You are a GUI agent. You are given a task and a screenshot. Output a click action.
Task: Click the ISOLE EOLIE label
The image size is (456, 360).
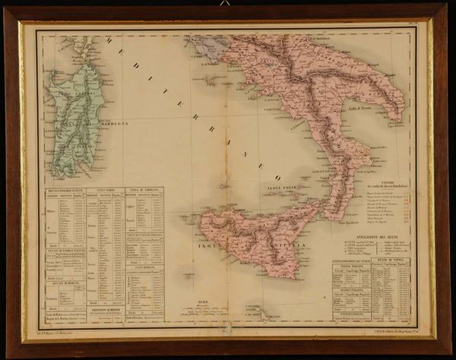tap(283, 184)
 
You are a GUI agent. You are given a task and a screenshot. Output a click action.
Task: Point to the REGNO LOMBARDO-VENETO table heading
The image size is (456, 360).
tap(63, 190)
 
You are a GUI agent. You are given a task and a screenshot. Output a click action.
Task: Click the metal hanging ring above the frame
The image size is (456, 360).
tap(225, 4)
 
